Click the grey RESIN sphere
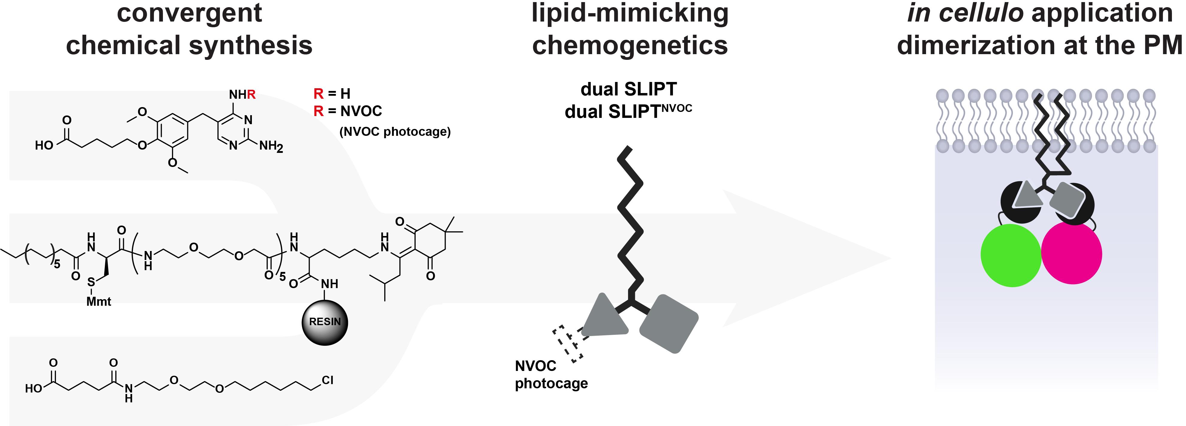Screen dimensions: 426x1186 coord(325,322)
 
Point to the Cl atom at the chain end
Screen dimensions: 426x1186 coord(327,380)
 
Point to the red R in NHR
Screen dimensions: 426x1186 coord(251,95)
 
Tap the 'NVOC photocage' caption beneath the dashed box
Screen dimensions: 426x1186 coord(551,375)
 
